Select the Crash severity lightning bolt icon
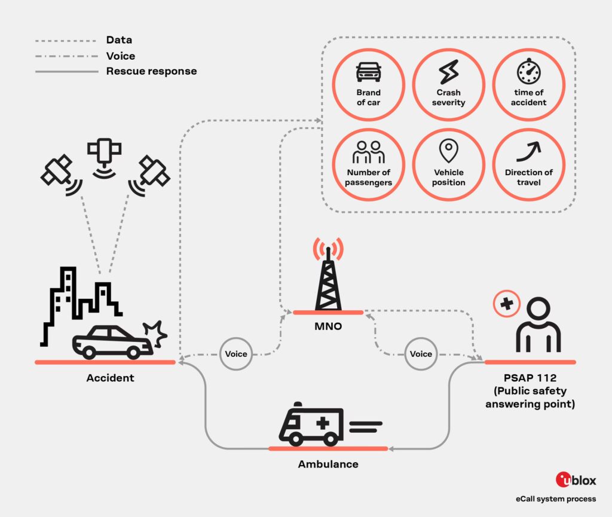448,72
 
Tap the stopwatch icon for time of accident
528,71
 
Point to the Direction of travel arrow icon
528,151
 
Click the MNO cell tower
328,275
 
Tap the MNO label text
328,326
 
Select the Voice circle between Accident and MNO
236,354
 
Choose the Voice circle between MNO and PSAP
421,354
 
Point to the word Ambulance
328,464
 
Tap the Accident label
110,378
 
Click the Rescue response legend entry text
151,71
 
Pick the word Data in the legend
119,41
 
